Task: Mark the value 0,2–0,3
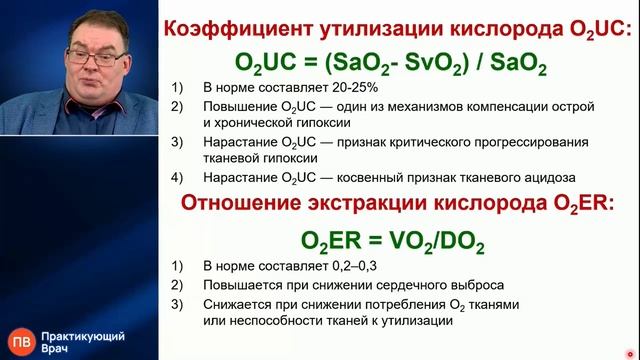350,267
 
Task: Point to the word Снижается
238,303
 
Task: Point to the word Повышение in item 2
241,106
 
